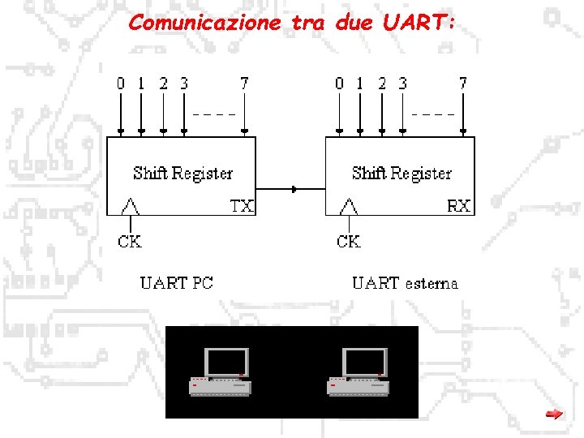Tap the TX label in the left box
tap(242, 206)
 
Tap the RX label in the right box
tap(459, 206)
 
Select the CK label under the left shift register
tap(130, 242)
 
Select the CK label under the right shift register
tap(349, 242)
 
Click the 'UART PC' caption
tap(177, 283)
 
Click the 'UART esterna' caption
tap(405, 283)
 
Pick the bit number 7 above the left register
tap(244, 83)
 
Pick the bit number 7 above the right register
tap(463, 83)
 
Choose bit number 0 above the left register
tap(120, 83)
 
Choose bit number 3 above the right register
tap(403, 83)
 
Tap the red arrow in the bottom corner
tap(554, 414)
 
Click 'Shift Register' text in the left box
tap(182, 173)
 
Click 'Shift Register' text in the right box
tap(401, 173)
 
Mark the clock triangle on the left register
tap(130, 206)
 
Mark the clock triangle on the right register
tap(349, 206)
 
